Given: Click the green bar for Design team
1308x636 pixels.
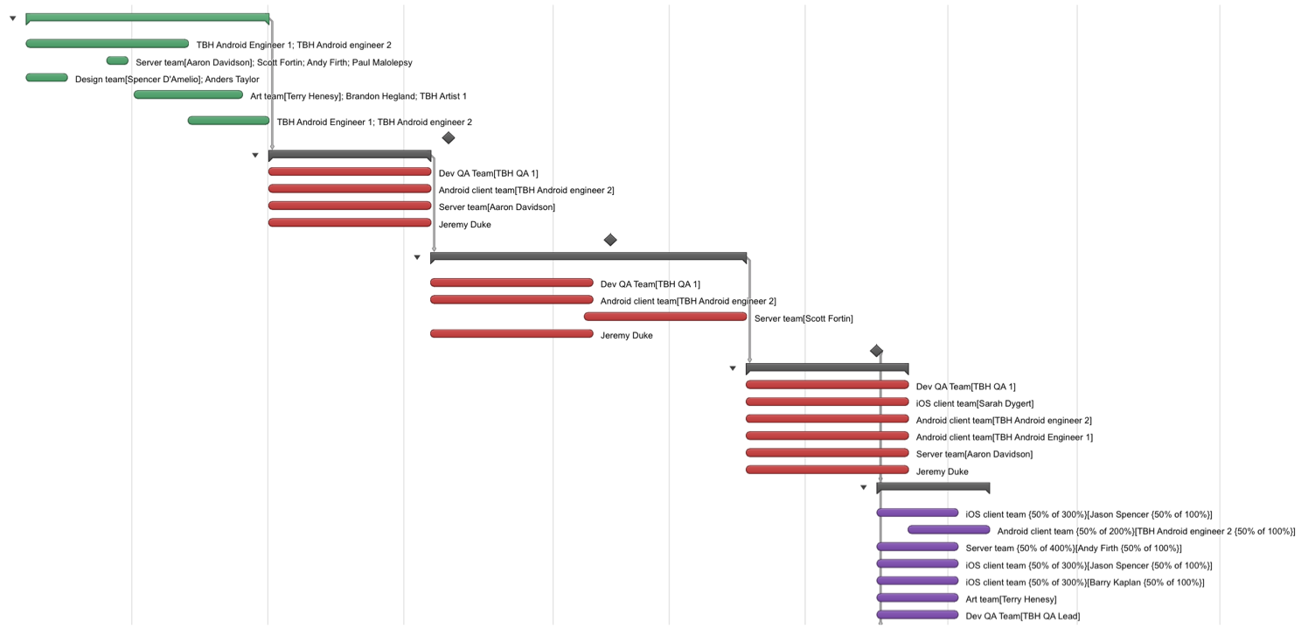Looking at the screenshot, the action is (46, 78).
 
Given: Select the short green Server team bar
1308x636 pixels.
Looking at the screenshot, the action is (117, 60).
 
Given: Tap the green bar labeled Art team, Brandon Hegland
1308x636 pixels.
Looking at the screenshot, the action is (188, 94).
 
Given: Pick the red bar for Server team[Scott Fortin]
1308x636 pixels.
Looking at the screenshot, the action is (665, 317).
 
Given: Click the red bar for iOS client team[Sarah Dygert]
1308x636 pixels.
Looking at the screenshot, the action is (827, 402).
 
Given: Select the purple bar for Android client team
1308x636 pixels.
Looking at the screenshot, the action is (949, 529).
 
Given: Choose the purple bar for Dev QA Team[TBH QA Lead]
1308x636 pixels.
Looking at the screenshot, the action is (917, 614).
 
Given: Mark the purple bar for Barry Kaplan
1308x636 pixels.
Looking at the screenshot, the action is (917, 581).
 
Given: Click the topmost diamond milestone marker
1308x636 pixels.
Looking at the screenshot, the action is (448, 138).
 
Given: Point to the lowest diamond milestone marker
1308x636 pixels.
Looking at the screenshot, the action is (876, 351).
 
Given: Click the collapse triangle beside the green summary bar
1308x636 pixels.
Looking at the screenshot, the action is (13, 18).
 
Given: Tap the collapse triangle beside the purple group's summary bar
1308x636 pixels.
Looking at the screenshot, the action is (864, 487).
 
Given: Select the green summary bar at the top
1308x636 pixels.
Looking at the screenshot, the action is (147, 17).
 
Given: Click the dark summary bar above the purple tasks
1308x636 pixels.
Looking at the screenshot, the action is (933, 487).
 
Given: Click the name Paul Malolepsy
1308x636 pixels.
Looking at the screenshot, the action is (382, 62).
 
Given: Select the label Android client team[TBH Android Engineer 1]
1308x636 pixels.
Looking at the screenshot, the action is (1005, 437).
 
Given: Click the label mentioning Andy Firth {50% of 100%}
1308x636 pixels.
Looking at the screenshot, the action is (1074, 549).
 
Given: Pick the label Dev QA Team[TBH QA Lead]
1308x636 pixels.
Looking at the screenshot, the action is (1022, 616).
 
